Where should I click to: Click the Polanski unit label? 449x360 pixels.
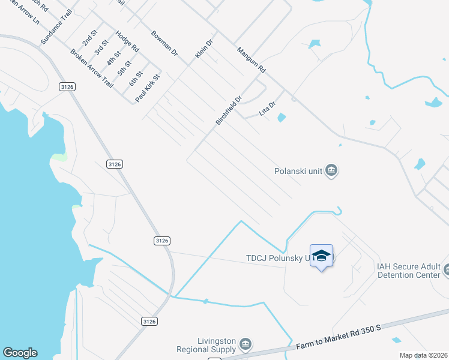pos(298,171)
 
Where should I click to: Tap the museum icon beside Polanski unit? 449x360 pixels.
pos(331,172)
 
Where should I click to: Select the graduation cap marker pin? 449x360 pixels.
pos(321,256)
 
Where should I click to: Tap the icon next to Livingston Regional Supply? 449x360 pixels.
pos(245,344)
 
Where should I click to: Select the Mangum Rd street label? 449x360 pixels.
pos(251,61)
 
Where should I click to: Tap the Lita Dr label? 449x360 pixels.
pos(267,109)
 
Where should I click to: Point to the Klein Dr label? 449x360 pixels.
pos(204,49)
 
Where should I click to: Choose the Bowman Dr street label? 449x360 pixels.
pos(165,43)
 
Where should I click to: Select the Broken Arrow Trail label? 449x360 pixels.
pos(91,68)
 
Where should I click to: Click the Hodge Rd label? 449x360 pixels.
pos(127,41)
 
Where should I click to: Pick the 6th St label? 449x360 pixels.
pos(136,79)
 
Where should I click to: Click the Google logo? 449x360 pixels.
pos(20,353)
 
